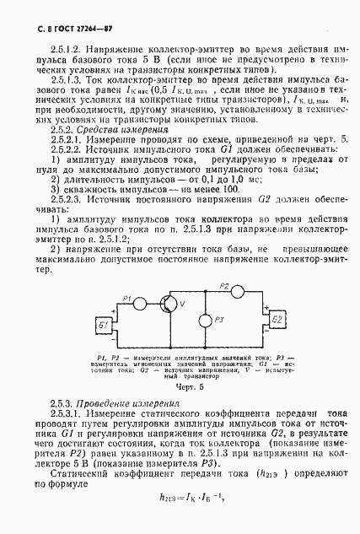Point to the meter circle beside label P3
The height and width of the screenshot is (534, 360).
coord(204,321)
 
